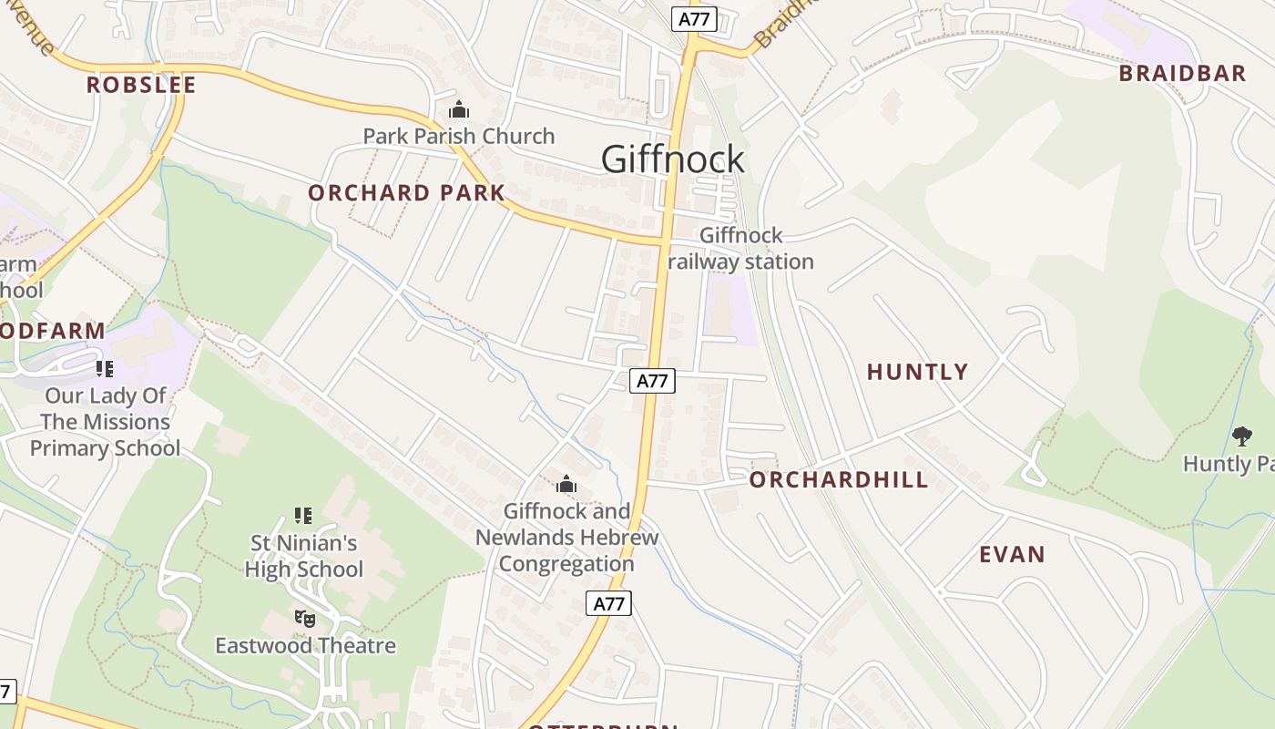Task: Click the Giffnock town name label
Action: pyautogui.click(x=673, y=159)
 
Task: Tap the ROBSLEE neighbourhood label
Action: pyautogui.click(x=141, y=86)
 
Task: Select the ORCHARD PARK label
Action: pyautogui.click(x=406, y=193)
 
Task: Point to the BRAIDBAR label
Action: pyautogui.click(x=1182, y=74)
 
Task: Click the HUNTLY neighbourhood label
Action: pyautogui.click(x=917, y=372)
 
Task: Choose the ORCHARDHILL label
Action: pyautogui.click(x=839, y=480)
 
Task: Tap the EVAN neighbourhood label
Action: pyautogui.click(x=1012, y=555)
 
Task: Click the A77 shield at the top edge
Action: pyautogui.click(x=694, y=19)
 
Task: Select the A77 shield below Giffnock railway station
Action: pyautogui.click(x=652, y=381)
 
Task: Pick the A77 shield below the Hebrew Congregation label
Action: pyautogui.click(x=608, y=603)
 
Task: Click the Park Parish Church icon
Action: pyautogui.click(x=458, y=111)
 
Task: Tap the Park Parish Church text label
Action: pyautogui.click(x=458, y=137)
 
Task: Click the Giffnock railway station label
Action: pyautogui.click(x=741, y=249)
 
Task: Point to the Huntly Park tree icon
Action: pyautogui.click(x=1241, y=436)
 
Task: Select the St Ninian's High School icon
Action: pyautogui.click(x=303, y=517)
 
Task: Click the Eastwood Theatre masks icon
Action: pyautogui.click(x=305, y=619)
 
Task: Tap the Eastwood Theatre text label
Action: pyautogui.click(x=305, y=646)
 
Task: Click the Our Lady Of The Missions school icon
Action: pyautogui.click(x=105, y=369)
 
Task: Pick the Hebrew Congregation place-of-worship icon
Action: pyautogui.click(x=566, y=485)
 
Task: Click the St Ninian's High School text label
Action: pyautogui.click(x=304, y=557)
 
